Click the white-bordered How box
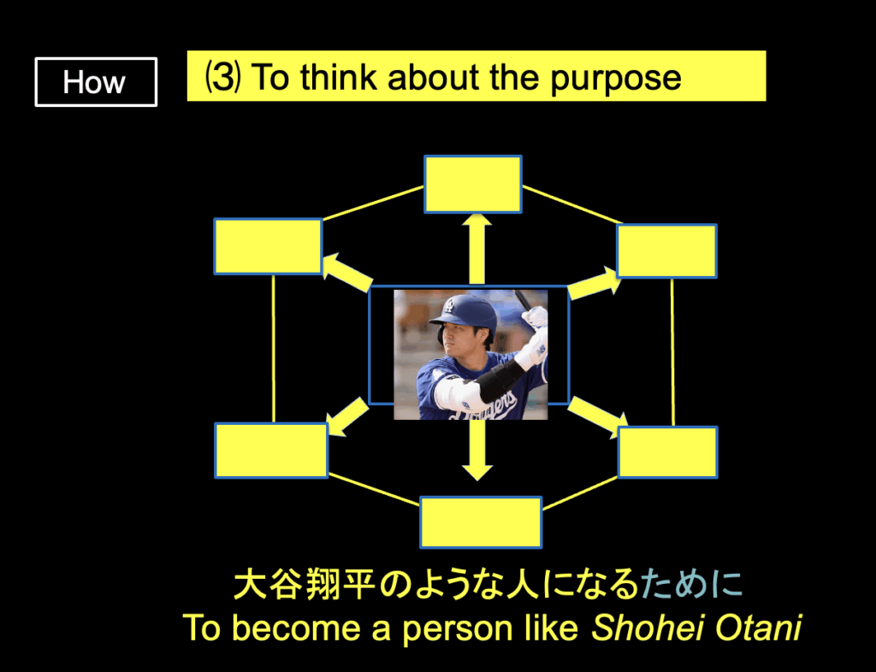tap(96, 82)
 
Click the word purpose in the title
tap(616, 79)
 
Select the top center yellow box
tap(473, 184)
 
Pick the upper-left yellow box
tap(268, 247)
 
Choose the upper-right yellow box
tap(666, 251)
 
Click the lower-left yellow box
tap(271, 451)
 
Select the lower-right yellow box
tap(667, 452)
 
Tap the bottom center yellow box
tap(481, 522)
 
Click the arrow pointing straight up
tap(477, 250)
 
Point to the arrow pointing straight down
tap(477, 450)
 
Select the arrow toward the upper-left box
tap(347, 272)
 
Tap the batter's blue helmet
tap(465, 315)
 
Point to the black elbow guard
tap(500, 380)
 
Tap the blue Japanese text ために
tap(691, 585)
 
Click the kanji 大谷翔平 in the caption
tap(305, 585)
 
